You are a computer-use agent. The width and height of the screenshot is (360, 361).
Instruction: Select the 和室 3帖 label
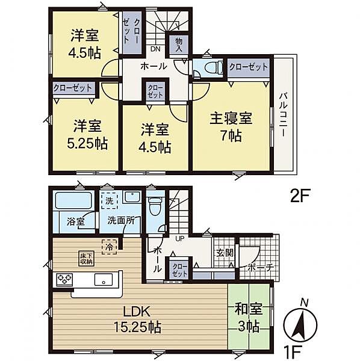pyautogui.click(x=248, y=319)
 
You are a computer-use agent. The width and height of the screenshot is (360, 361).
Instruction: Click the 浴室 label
pyautogui.click(x=75, y=221)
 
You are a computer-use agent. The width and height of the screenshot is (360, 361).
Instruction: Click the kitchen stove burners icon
pyautogui.click(x=66, y=279)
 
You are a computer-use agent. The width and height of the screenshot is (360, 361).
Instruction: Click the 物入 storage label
pyautogui.click(x=179, y=43)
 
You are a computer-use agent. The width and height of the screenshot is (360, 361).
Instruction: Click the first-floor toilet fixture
pyautogui.click(x=156, y=208)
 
